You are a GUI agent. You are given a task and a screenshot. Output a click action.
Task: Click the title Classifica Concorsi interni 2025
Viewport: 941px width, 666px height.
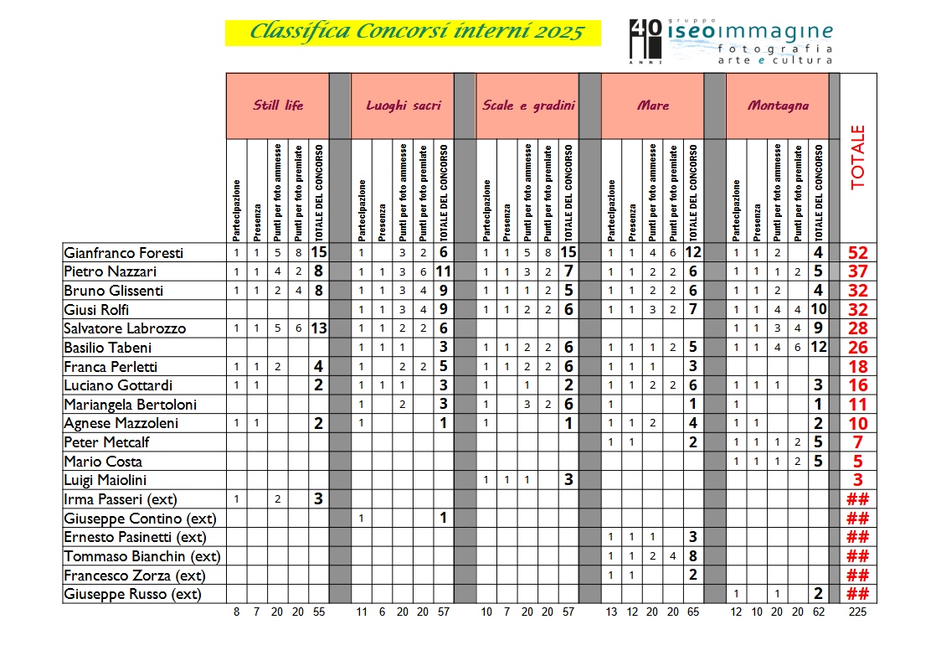click(413, 33)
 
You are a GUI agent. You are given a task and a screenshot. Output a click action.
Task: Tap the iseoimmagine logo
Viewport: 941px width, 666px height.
click(730, 41)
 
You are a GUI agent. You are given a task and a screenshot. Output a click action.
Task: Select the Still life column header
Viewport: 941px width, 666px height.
click(278, 106)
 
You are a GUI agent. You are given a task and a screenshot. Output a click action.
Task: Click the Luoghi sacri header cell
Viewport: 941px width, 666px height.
click(403, 106)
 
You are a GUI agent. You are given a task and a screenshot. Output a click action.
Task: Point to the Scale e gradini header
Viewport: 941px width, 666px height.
click(527, 106)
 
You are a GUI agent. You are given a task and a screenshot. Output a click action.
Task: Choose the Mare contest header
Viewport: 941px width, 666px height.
click(652, 106)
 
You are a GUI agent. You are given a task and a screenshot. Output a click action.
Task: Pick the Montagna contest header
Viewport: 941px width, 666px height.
click(778, 106)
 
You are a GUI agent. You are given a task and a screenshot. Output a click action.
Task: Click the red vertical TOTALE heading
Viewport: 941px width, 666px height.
click(857, 157)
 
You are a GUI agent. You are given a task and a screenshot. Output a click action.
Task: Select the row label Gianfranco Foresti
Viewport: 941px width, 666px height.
click(123, 253)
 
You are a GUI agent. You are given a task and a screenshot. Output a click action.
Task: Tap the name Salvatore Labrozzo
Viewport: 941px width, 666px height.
click(125, 328)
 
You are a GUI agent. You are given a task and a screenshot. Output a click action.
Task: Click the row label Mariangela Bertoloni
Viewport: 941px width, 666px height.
click(131, 405)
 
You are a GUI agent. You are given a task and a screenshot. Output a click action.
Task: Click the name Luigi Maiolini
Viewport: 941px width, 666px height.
click(105, 480)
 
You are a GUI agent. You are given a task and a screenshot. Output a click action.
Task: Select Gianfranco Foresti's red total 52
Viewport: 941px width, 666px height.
click(857, 253)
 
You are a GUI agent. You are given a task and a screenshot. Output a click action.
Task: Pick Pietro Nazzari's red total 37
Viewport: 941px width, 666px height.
click(857, 271)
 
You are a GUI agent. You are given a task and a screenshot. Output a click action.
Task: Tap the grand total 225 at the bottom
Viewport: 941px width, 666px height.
click(857, 612)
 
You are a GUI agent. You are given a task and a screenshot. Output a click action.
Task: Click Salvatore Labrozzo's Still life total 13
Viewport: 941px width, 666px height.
click(318, 328)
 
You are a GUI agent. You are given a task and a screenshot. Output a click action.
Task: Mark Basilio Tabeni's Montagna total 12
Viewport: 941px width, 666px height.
click(819, 348)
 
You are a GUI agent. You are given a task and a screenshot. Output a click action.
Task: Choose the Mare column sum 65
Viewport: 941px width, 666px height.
click(693, 612)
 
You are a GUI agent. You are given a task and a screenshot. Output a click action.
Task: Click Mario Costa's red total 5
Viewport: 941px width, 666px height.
click(857, 462)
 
